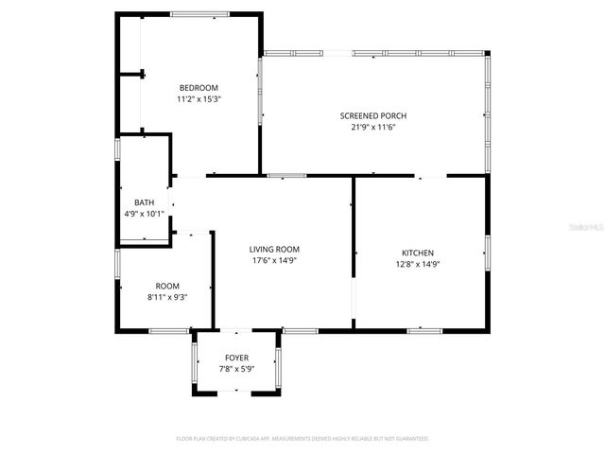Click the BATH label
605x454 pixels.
(144, 202)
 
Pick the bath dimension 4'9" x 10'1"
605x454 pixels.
(144, 214)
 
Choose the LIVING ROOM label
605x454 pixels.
(275, 249)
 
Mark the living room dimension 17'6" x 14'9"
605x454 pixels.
(275, 261)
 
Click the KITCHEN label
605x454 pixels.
(418, 253)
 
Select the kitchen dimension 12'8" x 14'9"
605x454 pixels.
(418, 265)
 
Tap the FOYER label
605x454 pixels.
(236, 358)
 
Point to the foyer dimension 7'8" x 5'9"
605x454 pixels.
(236, 369)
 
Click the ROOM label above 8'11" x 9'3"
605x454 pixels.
(167, 286)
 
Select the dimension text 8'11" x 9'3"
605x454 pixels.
(167, 297)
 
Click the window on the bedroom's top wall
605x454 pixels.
(199, 14)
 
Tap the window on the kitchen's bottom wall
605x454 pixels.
(424, 330)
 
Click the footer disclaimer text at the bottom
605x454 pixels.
(302, 439)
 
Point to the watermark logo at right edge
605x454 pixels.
(596, 227)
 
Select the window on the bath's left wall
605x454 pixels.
(117, 149)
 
